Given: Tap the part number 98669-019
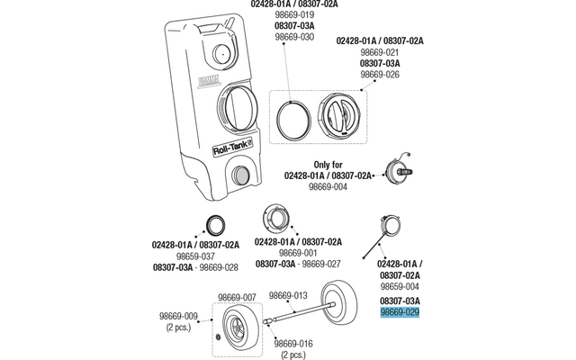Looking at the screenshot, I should [x=289, y=15].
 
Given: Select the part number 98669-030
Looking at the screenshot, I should [x=289, y=37].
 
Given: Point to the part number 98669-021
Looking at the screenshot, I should [x=379, y=53].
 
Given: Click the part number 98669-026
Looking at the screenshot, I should [x=379, y=75].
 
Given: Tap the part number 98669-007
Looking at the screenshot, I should [x=238, y=296].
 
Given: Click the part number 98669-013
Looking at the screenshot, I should [x=289, y=295].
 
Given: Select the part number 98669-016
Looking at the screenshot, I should [x=293, y=343].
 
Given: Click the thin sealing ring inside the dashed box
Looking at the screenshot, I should [x=292, y=118].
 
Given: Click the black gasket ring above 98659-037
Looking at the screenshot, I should [x=217, y=225].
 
